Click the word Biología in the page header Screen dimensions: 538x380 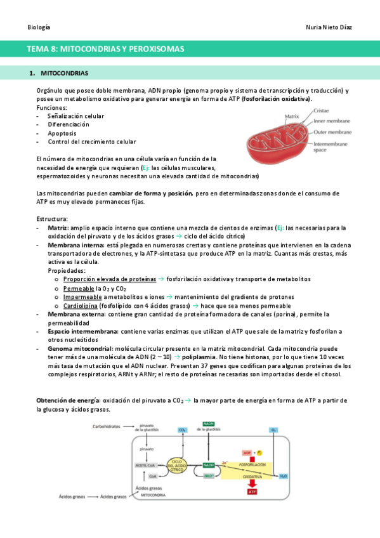tap(39, 28)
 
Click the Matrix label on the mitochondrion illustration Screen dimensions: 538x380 tap(292, 117)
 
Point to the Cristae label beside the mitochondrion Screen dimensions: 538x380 tap(321, 110)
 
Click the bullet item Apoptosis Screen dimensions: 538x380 tap(62, 133)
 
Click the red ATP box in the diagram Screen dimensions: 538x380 tap(252, 491)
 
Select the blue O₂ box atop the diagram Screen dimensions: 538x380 tap(273, 430)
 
